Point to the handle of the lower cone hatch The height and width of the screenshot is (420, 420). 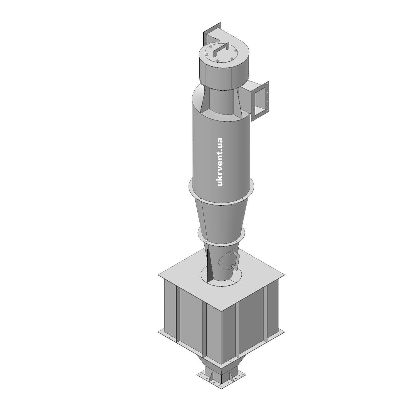[x=236, y=259]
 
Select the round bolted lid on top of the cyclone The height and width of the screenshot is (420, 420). [x=220, y=55]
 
